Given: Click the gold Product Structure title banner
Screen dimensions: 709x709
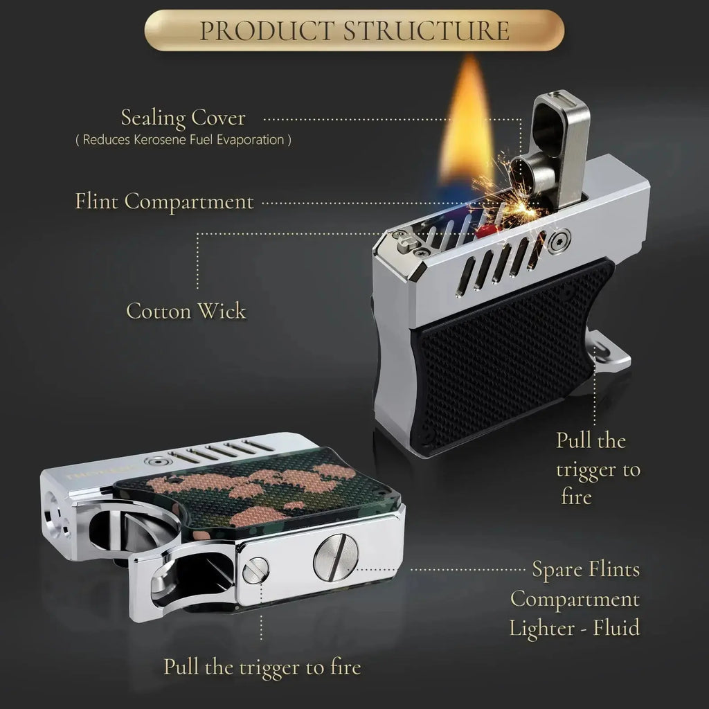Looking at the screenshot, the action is [x=354, y=30].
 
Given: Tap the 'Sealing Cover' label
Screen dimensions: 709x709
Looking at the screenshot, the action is [x=183, y=118].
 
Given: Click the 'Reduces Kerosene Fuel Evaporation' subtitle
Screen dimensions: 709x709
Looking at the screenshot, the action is [x=183, y=140].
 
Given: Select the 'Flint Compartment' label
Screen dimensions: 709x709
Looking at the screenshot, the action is [x=163, y=201].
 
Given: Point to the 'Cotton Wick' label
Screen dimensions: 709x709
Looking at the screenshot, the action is [x=186, y=311].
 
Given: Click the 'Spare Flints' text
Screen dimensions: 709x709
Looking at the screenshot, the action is [x=586, y=569].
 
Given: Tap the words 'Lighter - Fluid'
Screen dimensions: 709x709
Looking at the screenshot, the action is [x=575, y=628].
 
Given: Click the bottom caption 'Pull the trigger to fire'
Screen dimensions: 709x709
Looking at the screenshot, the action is [x=262, y=667].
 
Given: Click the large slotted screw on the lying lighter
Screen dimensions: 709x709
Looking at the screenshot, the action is [x=336, y=557].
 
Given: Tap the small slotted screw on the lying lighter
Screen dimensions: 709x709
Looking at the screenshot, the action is [x=255, y=571].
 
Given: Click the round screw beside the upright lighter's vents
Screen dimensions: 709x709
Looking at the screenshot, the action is [x=559, y=239].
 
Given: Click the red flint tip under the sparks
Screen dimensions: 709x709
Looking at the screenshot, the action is [x=483, y=231].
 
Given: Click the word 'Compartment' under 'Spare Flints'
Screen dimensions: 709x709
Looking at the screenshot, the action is [x=575, y=599].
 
